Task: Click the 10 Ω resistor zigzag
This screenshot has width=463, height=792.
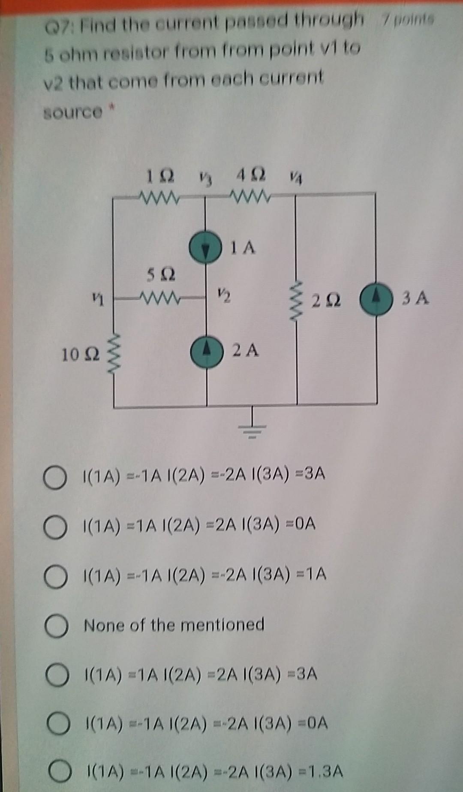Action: click(x=114, y=352)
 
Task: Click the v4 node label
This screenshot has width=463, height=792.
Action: click(x=294, y=177)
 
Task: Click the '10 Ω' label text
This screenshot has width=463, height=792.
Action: click(x=81, y=355)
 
